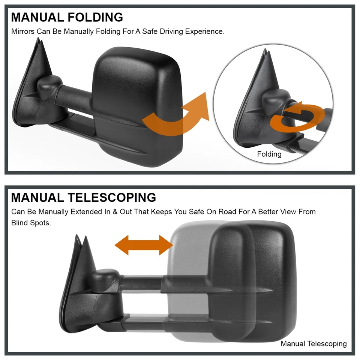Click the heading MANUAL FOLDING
pos(67,17)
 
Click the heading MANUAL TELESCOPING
pos(83,197)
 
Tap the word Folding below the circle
pos(269,154)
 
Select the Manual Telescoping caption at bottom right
pos(313,343)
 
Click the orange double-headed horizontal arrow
pos(143,245)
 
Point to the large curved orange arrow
pos(176,116)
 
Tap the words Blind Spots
pos(31,223)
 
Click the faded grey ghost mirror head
pos(187,262)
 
